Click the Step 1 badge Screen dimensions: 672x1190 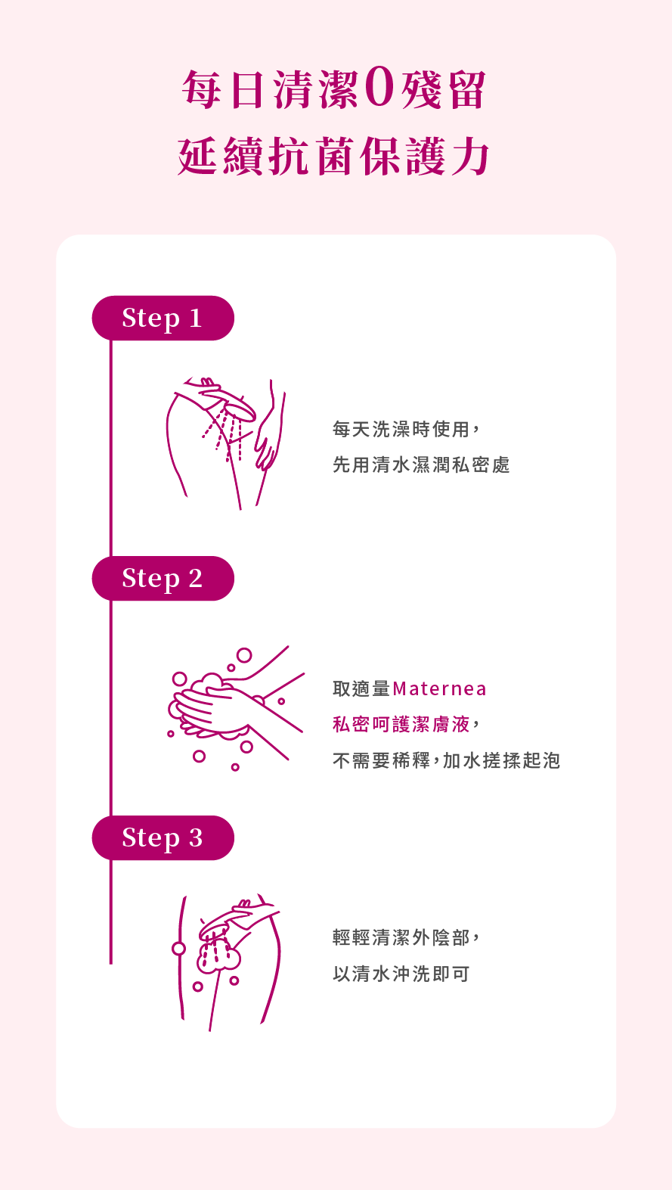coord(163,318)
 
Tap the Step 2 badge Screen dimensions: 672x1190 coord(163,579)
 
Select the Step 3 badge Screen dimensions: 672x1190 coord(163,837)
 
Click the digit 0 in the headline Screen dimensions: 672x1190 coord(379,89)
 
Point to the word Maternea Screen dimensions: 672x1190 coord(439,689)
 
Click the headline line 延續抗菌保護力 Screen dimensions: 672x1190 coord(333,156)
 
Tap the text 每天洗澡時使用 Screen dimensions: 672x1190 coord(402,429)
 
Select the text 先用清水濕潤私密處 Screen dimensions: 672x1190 coord(421,465)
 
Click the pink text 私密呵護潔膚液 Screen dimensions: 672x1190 coord(401,725)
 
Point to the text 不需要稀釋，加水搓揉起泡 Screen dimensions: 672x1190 coord(447,761)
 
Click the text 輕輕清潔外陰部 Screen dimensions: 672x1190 coord(401,937)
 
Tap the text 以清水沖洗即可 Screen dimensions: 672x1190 coord(401,974)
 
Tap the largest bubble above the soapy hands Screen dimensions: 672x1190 coord(244,655)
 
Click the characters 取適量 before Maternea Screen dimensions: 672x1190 coord(362,689)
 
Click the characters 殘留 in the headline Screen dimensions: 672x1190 coord(443,89)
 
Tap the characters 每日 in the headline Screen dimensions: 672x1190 coord(223,89)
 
